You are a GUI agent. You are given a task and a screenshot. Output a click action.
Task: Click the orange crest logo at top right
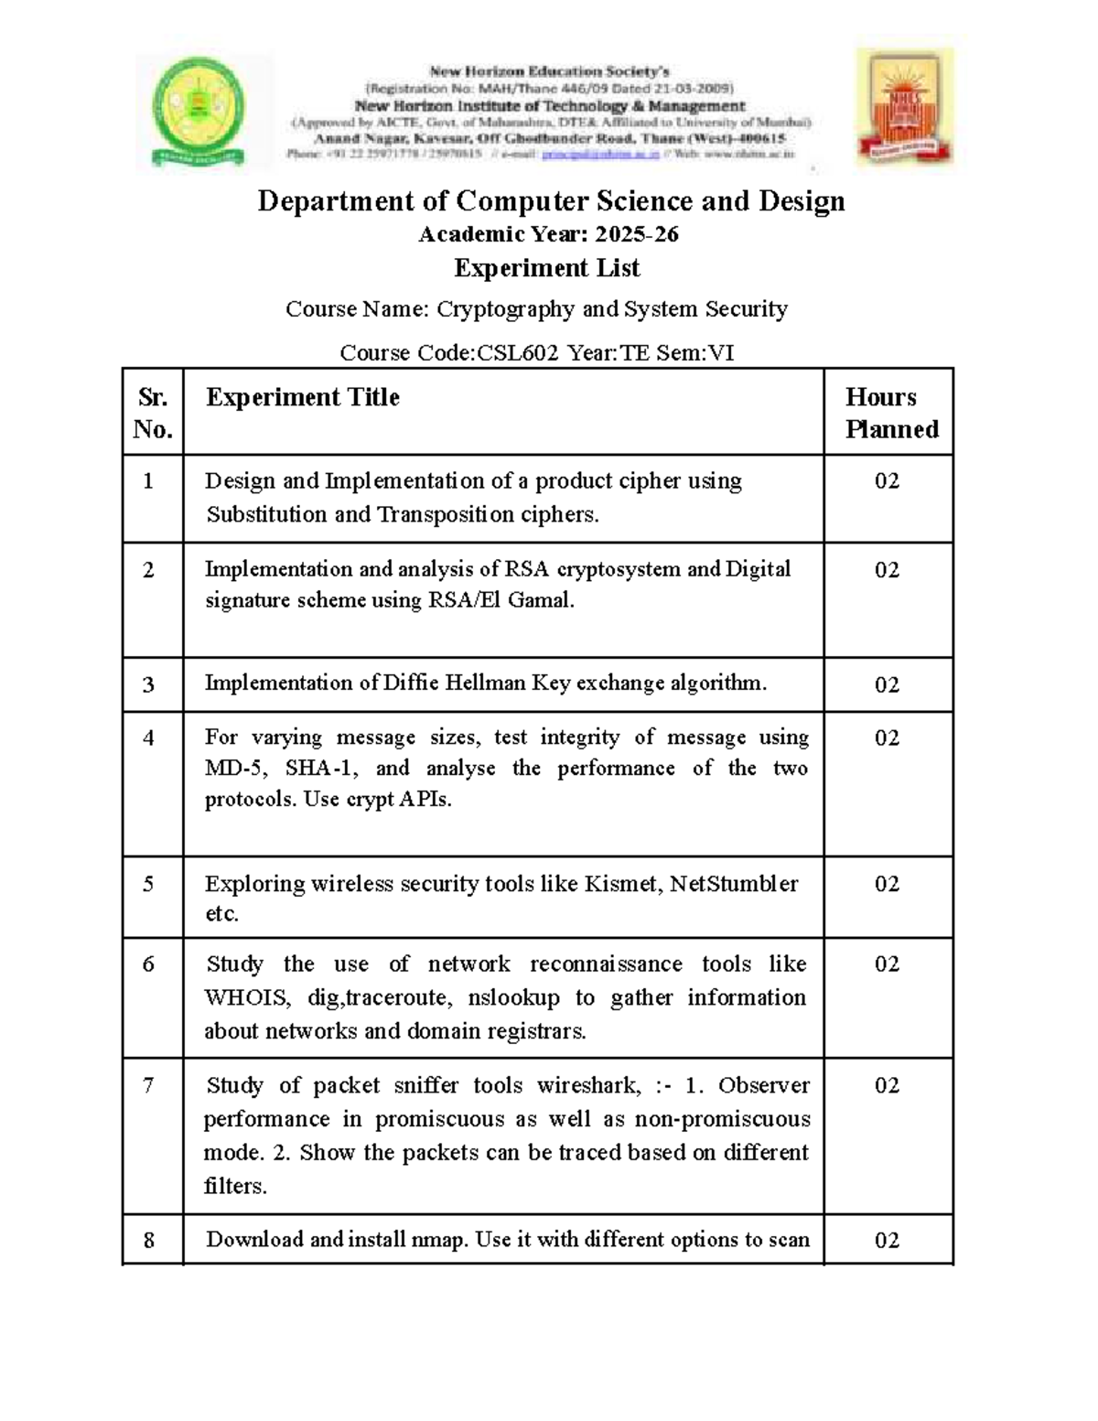[904, 108]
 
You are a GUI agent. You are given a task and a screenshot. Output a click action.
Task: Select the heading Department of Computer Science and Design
[551, 201]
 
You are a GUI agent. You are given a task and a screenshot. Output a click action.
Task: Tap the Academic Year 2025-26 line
[548, 235]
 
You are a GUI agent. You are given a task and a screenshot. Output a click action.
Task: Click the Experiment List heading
[547, 268]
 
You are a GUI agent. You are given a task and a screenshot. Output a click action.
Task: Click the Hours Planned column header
[890, 413]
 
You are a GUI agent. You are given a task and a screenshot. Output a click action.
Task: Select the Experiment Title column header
[303, 397]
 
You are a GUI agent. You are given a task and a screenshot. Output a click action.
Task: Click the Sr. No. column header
[152, 413]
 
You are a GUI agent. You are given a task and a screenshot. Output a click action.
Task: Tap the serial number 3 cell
[148, 685]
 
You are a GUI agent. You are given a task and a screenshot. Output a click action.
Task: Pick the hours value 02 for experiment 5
[887, 884]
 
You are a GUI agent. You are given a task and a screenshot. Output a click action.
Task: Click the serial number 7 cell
[148, 1086]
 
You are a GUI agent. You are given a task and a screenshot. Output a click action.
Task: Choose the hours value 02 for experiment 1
[887, 481]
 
